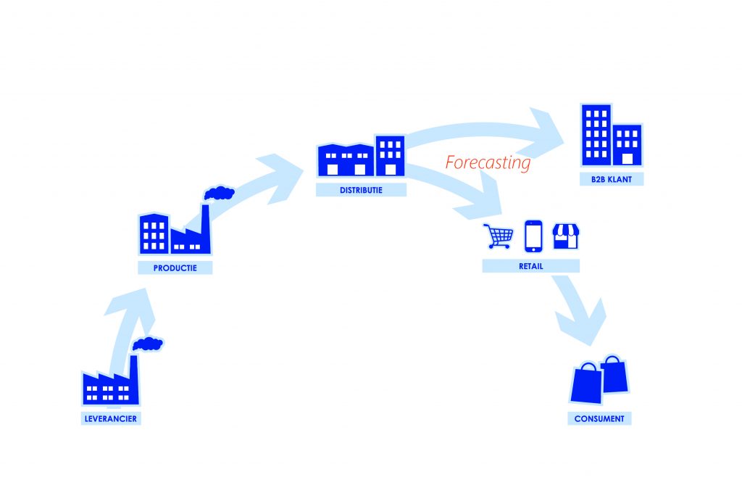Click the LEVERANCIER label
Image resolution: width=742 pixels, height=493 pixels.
[109, 418]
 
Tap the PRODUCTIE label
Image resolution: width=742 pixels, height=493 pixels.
[176, 268]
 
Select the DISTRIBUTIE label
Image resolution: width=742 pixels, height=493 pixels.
[361, 190]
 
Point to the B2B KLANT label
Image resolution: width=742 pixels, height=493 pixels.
[611, 179]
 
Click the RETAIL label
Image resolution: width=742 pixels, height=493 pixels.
[530, 266]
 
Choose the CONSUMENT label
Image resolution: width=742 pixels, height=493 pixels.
[599, 418]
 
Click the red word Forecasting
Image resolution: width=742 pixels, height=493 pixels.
[488, 162]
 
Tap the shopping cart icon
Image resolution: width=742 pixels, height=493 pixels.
[498, 236]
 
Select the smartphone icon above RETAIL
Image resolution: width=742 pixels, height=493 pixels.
[533, 234]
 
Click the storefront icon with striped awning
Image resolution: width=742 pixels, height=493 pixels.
[565, 236]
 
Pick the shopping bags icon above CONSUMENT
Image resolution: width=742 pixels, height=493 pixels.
[600, 380]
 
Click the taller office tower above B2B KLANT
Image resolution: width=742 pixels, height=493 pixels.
[596, 135]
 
